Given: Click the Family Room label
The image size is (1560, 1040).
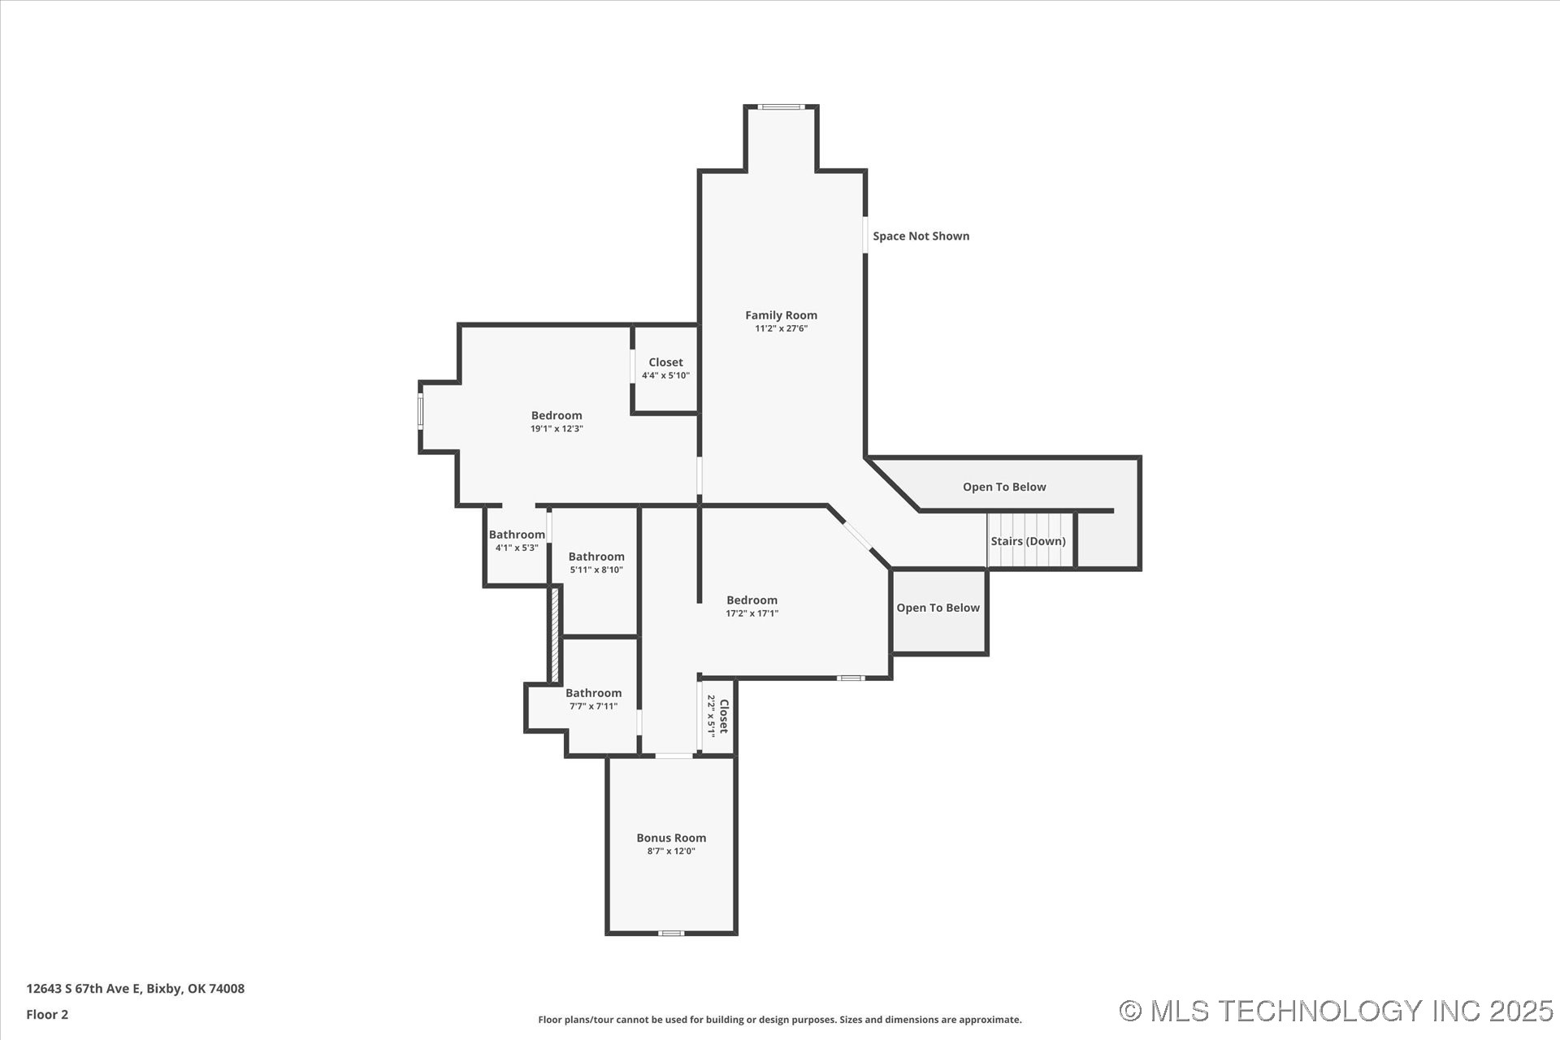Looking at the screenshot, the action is [x=781, y=315].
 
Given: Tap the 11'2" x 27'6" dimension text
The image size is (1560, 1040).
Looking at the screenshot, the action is [x=781, y=329].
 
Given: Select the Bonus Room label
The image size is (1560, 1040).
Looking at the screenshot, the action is [x=671, y=838].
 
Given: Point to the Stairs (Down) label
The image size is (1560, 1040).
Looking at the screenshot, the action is [x=1028, y=541].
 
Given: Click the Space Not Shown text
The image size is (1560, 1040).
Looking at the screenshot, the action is [x=921, y=236].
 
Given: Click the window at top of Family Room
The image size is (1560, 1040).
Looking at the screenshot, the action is [x=781, y=106].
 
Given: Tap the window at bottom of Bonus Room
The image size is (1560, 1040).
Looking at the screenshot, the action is [x=671, y=933].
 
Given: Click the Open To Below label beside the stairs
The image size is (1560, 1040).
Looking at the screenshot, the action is [x=1004, y=487].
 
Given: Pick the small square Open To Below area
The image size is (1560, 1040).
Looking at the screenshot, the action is [x=939, y=611].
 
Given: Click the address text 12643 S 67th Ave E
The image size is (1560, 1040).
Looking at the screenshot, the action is [x=84, y=989].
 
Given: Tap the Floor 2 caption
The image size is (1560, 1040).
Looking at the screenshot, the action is [x=47, y=1014].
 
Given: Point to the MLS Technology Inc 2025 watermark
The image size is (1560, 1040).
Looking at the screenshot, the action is [x=1336, y=1011].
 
